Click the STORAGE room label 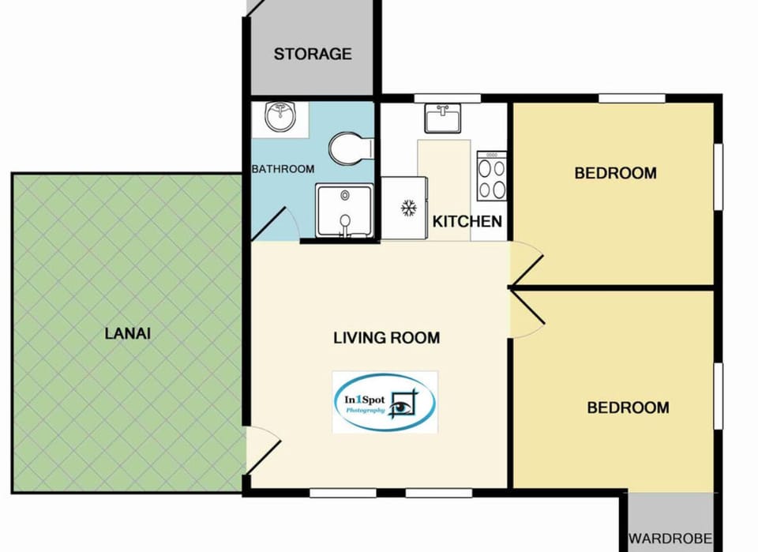(313, 54)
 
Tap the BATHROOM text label (283, 169)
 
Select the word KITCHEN (467, 221)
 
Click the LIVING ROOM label (386, 338)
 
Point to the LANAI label (127, 333)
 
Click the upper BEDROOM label (615, 173)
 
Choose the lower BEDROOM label (628, 407)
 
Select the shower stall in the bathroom (344, 211)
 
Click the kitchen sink (443, 118)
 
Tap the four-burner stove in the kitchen (491, 175)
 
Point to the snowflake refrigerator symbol (408, 208)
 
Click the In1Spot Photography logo (385, 401)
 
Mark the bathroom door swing (272, 222)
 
